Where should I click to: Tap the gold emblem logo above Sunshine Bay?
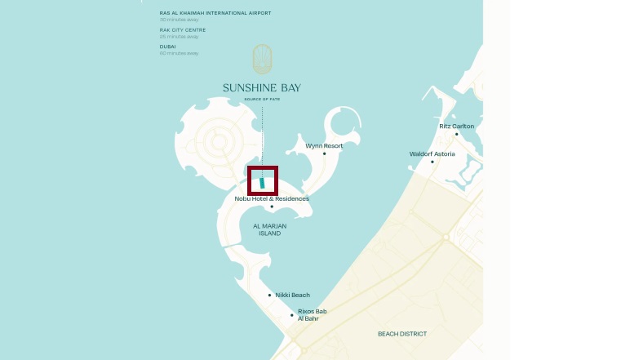pyautogui.click(x=262, y=60)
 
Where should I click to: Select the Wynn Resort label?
pyautogui.click(x=324, y=145)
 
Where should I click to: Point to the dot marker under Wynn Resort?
pyautogui.click(x=324, y=153)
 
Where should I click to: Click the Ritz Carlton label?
pyautogui.click(x=456, y=126)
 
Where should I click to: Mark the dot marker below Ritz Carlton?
pyautogui.click(x=457, y=134)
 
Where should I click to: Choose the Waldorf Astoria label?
pyautogui.click(x=432, y=153)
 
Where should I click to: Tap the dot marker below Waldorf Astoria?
pyautogui.click(x=432, y=162)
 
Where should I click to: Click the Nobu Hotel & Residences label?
pyautogui.click(x=272, y=198)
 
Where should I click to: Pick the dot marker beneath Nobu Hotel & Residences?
pyautogui.click(x=272, y=207)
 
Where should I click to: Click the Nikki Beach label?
pyautogui.click(x=292, y=295)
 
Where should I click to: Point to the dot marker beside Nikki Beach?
pyautogui.click(x=269, y=296)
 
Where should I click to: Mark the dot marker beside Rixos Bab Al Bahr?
pyautogui.click(x=291, y=315)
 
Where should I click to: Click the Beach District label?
pyautogui.click(x=401, y=334)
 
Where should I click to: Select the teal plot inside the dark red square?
pyautogui.click(x=263, y=182)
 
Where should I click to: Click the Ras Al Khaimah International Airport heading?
pyautogui.click(x=215, y=13)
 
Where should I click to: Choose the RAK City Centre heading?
pyautogui.click(x=183, y=29)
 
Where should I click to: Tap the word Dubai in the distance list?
pyautogui.click(x=168, y=46)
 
